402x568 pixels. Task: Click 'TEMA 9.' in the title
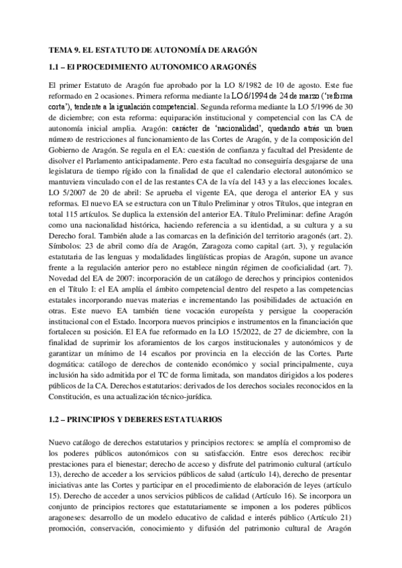(x=66, y=51)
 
